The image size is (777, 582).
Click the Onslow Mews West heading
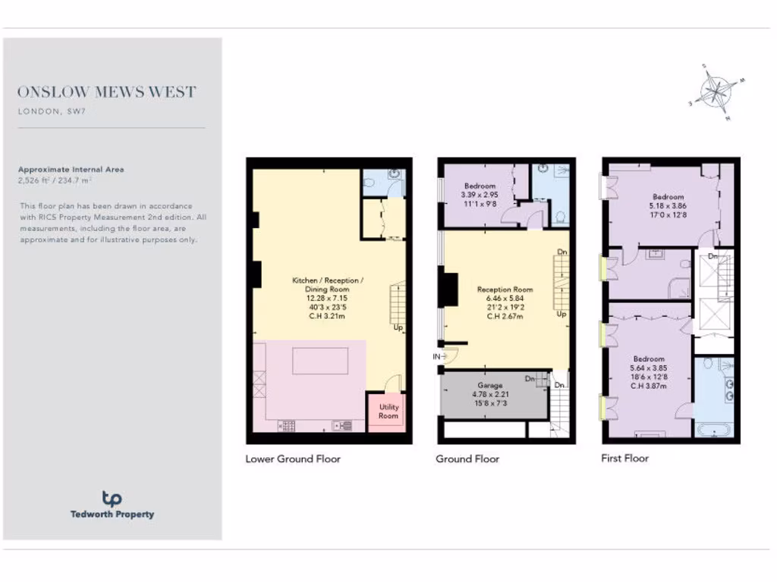coord(107,92)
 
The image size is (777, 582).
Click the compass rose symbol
coord(715,92)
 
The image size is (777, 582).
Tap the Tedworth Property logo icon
coord(112,499)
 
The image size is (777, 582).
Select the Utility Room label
coord(388,411)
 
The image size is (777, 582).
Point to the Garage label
coord(490,385)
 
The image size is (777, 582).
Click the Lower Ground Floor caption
coord(293,458)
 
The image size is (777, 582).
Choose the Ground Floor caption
coord(467,458)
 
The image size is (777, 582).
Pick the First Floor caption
coord(625,458)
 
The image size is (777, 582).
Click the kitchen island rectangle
coord(320,360)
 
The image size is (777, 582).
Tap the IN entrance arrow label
coord(437,355)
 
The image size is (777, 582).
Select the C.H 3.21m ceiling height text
coord(328,317)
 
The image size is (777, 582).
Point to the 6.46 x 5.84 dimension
coord(505,298)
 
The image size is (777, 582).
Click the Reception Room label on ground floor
coord(505,289)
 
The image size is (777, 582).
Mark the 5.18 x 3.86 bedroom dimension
coord(668,205)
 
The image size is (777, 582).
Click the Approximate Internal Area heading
coord(71,170)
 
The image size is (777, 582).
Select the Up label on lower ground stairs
coord(398,328)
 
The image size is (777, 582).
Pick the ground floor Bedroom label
coord(480,186)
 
